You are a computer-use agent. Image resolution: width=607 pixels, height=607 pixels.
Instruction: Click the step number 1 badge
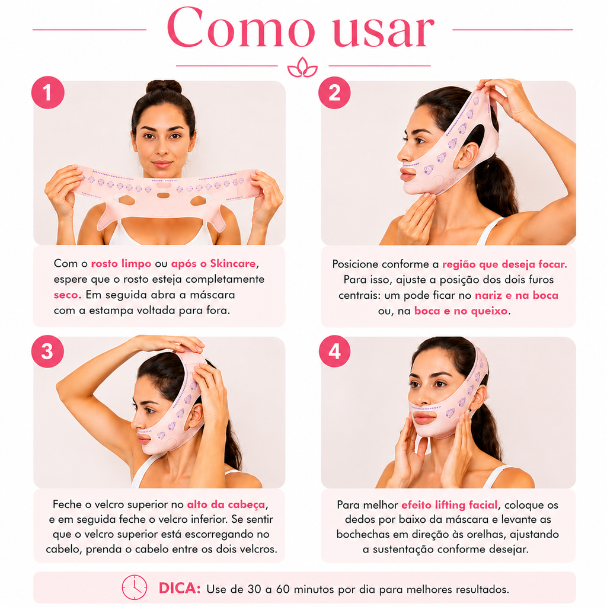point(47,92)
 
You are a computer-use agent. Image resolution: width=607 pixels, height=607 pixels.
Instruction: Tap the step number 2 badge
point(334,92)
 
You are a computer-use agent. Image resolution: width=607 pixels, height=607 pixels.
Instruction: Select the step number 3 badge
point(47,351)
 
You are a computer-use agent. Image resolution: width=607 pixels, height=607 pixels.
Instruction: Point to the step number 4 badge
point(334,351)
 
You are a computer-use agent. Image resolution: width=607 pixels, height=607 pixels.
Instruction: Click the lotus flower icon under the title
point(302,68)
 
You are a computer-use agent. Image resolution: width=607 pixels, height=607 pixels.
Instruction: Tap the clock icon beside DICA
point(135,587)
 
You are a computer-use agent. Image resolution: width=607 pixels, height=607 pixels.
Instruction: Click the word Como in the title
point(241,27)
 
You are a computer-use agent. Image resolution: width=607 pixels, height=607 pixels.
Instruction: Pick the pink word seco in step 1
point(66,295)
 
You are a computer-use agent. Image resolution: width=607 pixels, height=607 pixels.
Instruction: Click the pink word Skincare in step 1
point(232,264)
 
